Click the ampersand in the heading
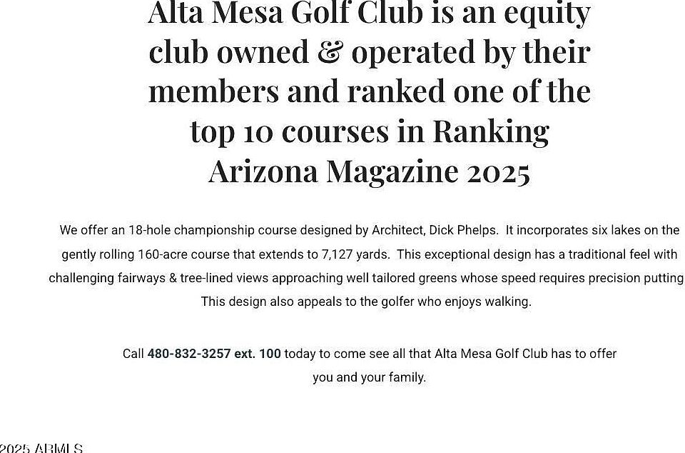328,52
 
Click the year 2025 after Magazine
499,171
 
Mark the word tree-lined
207,278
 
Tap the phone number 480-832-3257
189,354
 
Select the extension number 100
270,354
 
